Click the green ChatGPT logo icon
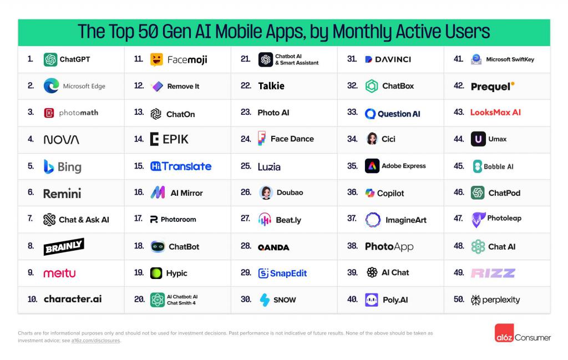pos(50,59)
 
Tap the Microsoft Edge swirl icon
pos(51,86)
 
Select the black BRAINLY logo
pos(63,246)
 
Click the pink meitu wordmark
pos(59,273)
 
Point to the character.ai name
pos(73,299)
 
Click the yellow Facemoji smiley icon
pos(156,59)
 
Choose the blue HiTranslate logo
pos(181,166)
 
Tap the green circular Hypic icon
pos(157,273)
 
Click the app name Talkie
pos(271,86)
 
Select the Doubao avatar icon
pos(266,192)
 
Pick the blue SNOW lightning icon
pos(265,300)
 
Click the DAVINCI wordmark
pos(388,59)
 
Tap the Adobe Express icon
pos(372,166)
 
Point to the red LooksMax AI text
pos(495,113)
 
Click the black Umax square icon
pos(478,139)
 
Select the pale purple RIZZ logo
pos(493,273)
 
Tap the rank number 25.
pos(246,166)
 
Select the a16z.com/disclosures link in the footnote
pos(96,341)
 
